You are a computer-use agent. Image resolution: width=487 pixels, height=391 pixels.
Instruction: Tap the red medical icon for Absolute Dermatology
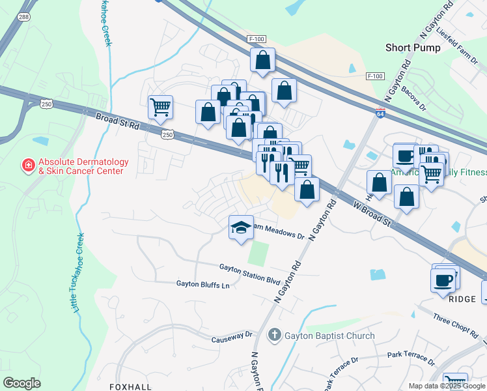(29, 166)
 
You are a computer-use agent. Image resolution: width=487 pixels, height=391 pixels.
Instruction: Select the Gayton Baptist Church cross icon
(275, 336)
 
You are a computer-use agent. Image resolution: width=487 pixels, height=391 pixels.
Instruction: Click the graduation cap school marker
(241, 227)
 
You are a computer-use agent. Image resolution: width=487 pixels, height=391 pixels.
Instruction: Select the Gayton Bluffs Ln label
(203, 285)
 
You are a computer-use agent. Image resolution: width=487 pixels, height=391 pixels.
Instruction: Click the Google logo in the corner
(21, 383)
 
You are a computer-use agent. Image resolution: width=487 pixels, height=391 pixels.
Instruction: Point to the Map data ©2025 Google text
(446, 386)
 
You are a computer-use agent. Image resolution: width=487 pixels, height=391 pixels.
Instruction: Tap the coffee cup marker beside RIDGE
(443, 281)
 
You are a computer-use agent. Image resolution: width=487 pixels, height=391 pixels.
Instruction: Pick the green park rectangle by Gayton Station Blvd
(258, 253)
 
